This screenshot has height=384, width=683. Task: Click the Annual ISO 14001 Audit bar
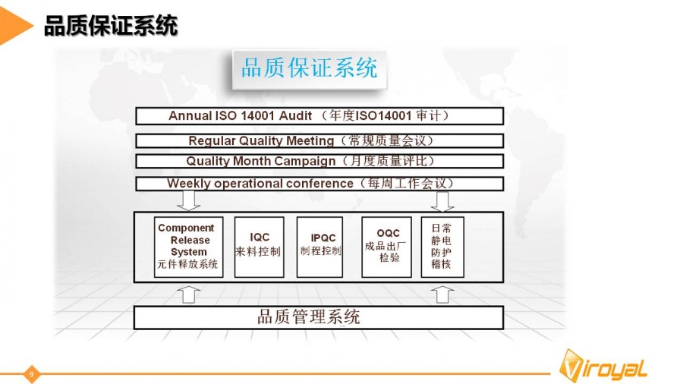point(319,116)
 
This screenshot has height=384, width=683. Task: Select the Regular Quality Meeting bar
point(319,140)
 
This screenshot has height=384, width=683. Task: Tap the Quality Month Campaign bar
point(319,161)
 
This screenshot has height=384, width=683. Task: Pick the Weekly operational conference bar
point(319,184)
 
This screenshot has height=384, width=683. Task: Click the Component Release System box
point(189,247)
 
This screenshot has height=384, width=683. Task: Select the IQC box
point(260,247)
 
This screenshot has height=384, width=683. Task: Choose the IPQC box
point(319,247)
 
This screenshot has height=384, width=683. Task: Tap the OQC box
point(387,247)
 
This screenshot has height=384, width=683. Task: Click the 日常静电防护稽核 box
point(442,247)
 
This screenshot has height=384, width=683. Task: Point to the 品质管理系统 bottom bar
point(319,317)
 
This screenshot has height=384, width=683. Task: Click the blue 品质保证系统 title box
point(310,69)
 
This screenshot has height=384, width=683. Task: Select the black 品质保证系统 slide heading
point(111,25)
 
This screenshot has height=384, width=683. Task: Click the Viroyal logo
point(603,365)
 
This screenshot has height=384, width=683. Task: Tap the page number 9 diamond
point(31,374)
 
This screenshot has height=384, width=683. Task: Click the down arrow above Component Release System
point(189,200)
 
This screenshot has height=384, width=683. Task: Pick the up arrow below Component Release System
point(189,294)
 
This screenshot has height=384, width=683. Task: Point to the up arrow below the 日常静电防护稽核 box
point(442,294)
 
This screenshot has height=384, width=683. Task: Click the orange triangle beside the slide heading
point(16,24)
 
